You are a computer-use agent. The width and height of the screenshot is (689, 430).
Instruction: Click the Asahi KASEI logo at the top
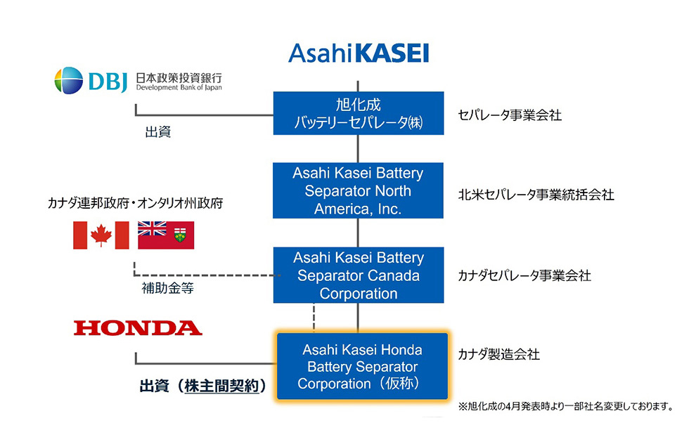[x=358, y=53]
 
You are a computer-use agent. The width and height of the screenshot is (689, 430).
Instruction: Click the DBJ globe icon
[x=69, y=80]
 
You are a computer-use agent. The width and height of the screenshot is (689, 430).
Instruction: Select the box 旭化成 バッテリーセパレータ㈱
[x=358, y=115]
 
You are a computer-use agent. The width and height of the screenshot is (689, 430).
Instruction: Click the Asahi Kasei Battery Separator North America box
[x=358, y=191]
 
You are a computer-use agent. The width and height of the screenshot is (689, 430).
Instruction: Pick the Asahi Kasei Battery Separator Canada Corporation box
[x=358, y=275]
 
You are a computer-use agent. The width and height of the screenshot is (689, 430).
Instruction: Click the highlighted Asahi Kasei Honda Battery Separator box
[x=361, y=366]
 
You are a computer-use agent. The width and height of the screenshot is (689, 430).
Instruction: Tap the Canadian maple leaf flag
[x=101, y=235]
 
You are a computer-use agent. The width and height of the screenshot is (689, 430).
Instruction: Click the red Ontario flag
[x=166, y=235]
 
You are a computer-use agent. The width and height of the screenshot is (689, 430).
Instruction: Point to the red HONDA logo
[x=138, y=327]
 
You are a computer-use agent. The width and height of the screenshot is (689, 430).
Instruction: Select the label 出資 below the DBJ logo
[x=158, y=131]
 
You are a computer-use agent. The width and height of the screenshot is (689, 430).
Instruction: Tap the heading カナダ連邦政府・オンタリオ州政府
[x=136, y=203]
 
